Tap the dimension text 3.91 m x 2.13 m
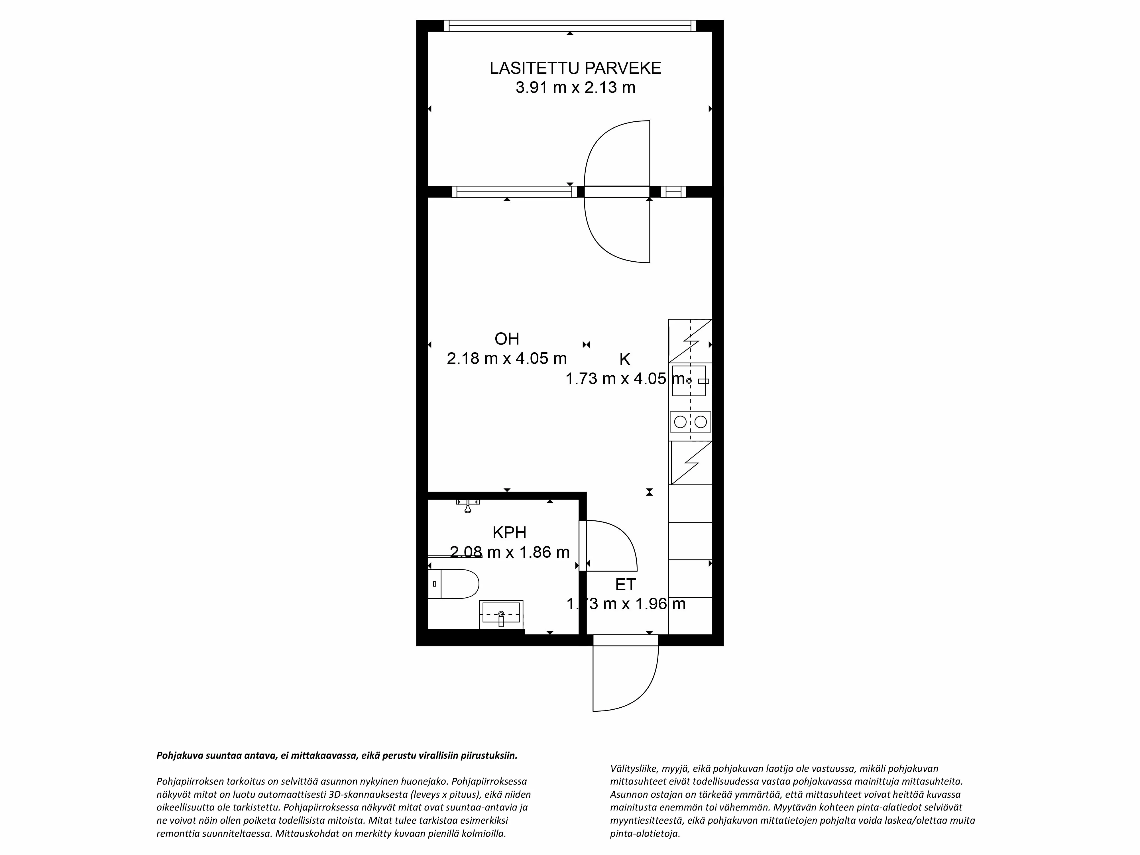coord(575,87)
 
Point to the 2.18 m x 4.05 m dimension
coord(507,358)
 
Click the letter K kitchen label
coord(625,359)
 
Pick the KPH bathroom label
coord(509,532)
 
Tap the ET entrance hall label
coord(625,585)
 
